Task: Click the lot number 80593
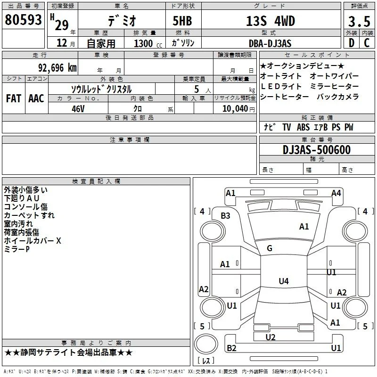pos(23,20)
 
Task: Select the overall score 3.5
pos(359,21)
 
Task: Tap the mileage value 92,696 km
pos(57,68)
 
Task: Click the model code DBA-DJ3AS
pos(270,43)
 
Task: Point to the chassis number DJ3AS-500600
pos(317,150)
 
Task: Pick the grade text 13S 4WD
pos(270,21)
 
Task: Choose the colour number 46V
pos(78,109)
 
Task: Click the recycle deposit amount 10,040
pos(235,109)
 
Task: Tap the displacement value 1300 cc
pos(148,43)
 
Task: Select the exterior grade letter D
pos(352,43)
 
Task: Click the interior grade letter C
pos(367,43)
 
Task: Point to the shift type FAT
pos(14,98)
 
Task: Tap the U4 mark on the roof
pos(284,281)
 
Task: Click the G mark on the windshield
pos(270,248)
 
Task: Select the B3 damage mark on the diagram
pos(226,216)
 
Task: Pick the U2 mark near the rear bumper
pos(270,337)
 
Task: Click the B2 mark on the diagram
pos(231,348)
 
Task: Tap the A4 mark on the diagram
pos(336,193)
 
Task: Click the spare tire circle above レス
pos(206,344)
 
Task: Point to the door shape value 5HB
pos(182,21)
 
